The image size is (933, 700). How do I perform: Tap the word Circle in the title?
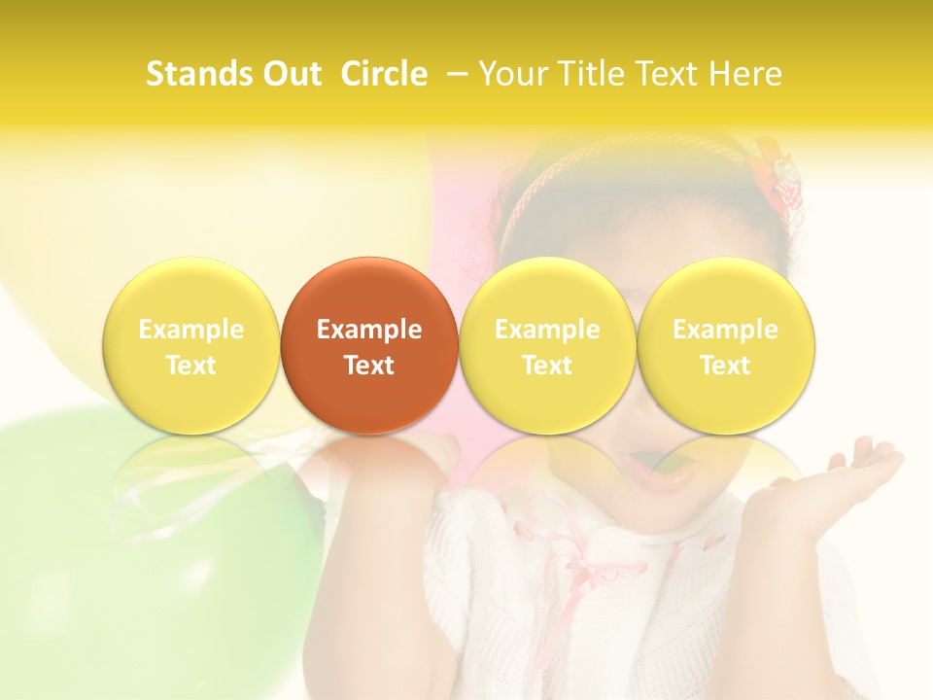384,74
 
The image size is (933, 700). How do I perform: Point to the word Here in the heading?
747,74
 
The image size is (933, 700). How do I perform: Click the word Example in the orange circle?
369,330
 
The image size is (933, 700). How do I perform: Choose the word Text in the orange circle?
369,366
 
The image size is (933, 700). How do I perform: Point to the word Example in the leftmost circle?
191,330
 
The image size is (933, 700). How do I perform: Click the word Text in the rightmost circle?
725,366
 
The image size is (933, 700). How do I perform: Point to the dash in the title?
460,74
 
